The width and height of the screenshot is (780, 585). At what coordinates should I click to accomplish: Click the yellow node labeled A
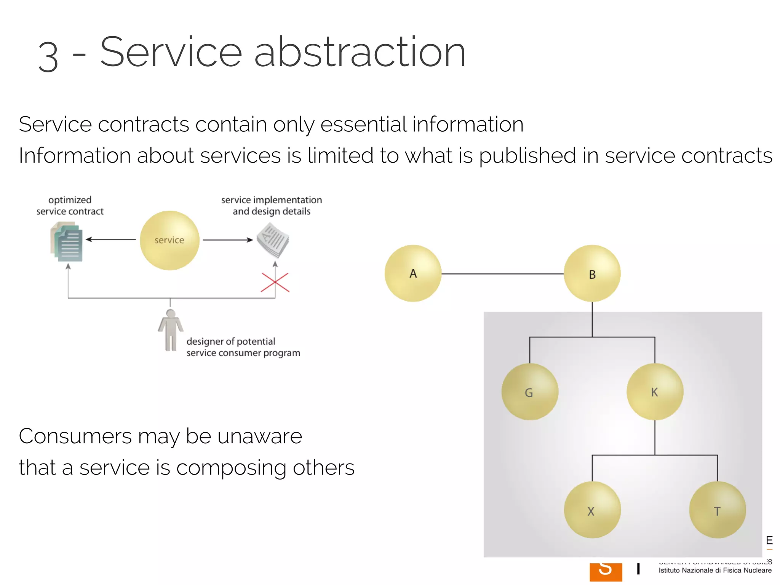click(x=413, y=273)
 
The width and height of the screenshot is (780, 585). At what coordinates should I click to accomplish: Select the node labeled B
click(x=592, y=273)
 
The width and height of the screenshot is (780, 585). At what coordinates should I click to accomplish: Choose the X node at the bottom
click(x=592, y=510)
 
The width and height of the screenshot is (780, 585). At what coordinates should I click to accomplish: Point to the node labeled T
click(x=717, y=510)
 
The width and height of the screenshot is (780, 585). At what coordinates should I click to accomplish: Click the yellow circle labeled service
click(x=169, y=240)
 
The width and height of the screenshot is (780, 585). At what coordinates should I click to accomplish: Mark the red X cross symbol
click(x=275, y=283)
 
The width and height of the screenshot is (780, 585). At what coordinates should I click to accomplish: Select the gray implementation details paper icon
click(x=273, y=240)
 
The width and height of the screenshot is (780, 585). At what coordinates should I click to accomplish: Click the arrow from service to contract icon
click(x=110, y=240)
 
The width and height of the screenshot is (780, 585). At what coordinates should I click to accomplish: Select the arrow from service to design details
click(x=227, y=240)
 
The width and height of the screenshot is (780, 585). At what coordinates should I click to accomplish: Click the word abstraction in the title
click(x=360, y=52)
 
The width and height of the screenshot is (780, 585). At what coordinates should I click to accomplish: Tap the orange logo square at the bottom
click(x=606, y=572)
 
